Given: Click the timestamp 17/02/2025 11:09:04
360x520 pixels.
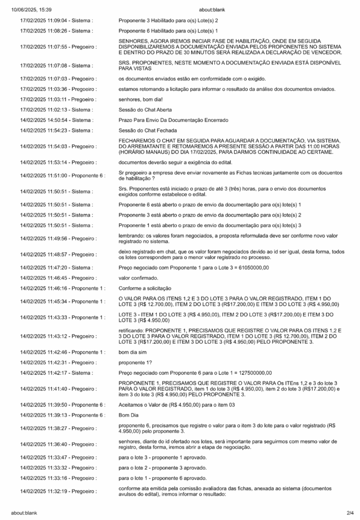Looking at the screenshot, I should [45, 21].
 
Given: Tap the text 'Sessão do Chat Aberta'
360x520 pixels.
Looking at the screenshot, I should [145, 109].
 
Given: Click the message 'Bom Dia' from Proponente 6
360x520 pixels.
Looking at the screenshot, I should [128, 414].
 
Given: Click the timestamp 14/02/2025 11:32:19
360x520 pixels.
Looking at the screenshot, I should [45, 491].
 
